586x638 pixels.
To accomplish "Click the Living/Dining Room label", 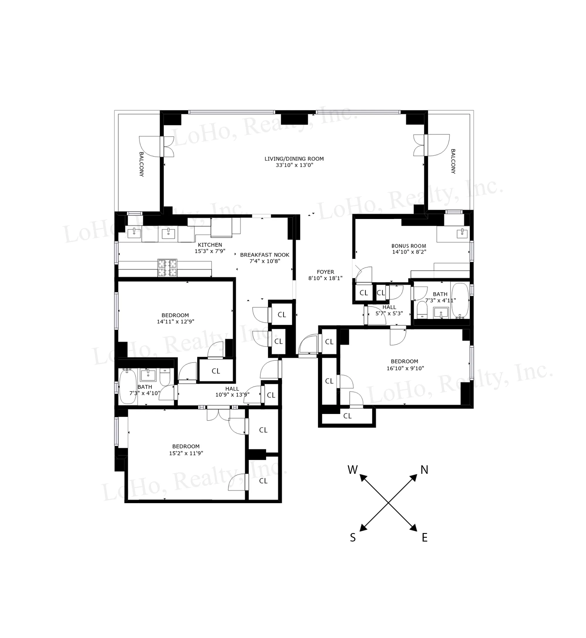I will tap(294, 159).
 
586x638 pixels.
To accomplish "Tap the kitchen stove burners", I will tap(167, 268).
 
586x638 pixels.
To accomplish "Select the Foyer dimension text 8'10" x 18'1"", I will tap(325, 278).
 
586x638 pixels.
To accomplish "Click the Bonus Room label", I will tap(408, 246).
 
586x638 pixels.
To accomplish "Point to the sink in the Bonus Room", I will tap(462, 233).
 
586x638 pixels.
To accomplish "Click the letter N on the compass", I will tap(424, 470).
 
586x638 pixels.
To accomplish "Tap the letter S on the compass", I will tap(352, 537).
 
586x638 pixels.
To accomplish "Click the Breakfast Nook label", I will tap(265, 255).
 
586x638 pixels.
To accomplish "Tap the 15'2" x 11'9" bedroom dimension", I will tap(186, 453).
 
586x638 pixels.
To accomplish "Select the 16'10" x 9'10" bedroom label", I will tap(404, 361).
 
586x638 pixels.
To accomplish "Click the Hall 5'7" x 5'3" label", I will tap(389, 307).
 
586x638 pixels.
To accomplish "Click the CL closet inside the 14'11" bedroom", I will tap(216, 371).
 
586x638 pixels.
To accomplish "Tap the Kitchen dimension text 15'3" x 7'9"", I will tap(210, 251).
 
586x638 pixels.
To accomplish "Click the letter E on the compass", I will tap(425, 537).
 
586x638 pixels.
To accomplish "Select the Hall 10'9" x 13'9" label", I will tap(232, 389).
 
